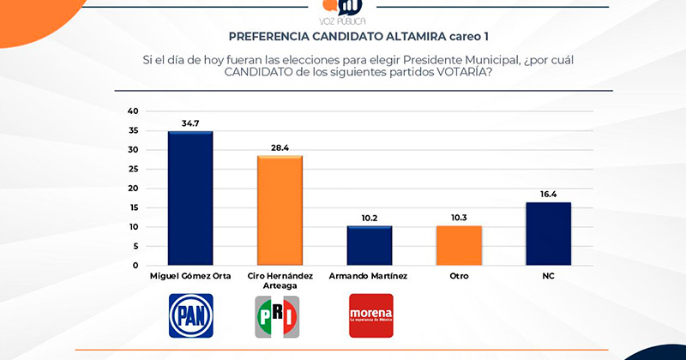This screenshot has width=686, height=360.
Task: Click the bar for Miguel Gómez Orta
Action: point(190,198)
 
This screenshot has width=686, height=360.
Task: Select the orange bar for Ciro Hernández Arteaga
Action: point(280,210)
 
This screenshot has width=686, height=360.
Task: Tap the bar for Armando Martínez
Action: point(370,245)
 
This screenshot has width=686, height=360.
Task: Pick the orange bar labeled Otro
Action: point(460,245)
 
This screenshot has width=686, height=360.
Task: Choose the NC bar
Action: point(549,233)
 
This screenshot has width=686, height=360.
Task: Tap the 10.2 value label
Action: point(370,219)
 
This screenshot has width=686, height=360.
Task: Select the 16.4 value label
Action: point(549,195)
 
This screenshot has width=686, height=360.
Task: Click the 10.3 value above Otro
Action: point(460,219)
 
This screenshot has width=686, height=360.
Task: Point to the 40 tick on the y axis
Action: point(133,111)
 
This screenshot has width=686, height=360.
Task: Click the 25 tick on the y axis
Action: point(133,169)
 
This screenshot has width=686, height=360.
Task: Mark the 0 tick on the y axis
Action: point(135,266)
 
